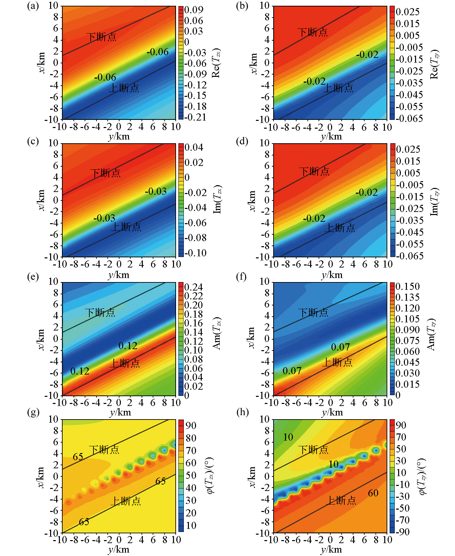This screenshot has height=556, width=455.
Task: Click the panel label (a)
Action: [x=33, y=6]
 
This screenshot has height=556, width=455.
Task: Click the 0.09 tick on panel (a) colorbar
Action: [x=194, y=10]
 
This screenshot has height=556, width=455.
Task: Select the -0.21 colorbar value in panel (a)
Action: [x=195, y=117]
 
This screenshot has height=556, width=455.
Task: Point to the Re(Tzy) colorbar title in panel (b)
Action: [x=434, y=64]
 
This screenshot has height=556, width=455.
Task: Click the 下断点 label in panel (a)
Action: [x=101, y=37]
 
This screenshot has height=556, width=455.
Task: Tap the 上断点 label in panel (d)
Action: [x=340, y=228]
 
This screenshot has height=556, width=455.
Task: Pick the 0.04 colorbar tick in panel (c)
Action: [x=194, y=147]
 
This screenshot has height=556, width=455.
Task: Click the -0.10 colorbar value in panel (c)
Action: [x=195, y=253]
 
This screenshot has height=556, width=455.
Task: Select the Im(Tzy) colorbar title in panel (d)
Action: [x=434, y=201]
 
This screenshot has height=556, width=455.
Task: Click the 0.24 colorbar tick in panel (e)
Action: [x=194, y=287]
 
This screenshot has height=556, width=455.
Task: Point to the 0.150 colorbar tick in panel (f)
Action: [x=408, y=286]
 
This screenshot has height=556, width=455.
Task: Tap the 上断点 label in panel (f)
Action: [x=337, y=362]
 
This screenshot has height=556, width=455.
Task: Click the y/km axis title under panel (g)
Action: [x=119, y=549]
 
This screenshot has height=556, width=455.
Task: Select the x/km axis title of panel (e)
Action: [x=41, y=339]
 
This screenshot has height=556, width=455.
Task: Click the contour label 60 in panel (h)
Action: [x=373, y=493]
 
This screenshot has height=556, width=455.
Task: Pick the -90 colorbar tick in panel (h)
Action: [x=402, y=532]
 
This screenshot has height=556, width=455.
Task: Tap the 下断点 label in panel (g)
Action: [x=104, y=450]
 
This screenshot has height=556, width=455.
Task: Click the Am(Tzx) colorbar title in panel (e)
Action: [x=217, y=333]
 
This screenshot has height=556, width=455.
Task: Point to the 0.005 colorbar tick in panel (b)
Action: [x=408, y=36]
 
